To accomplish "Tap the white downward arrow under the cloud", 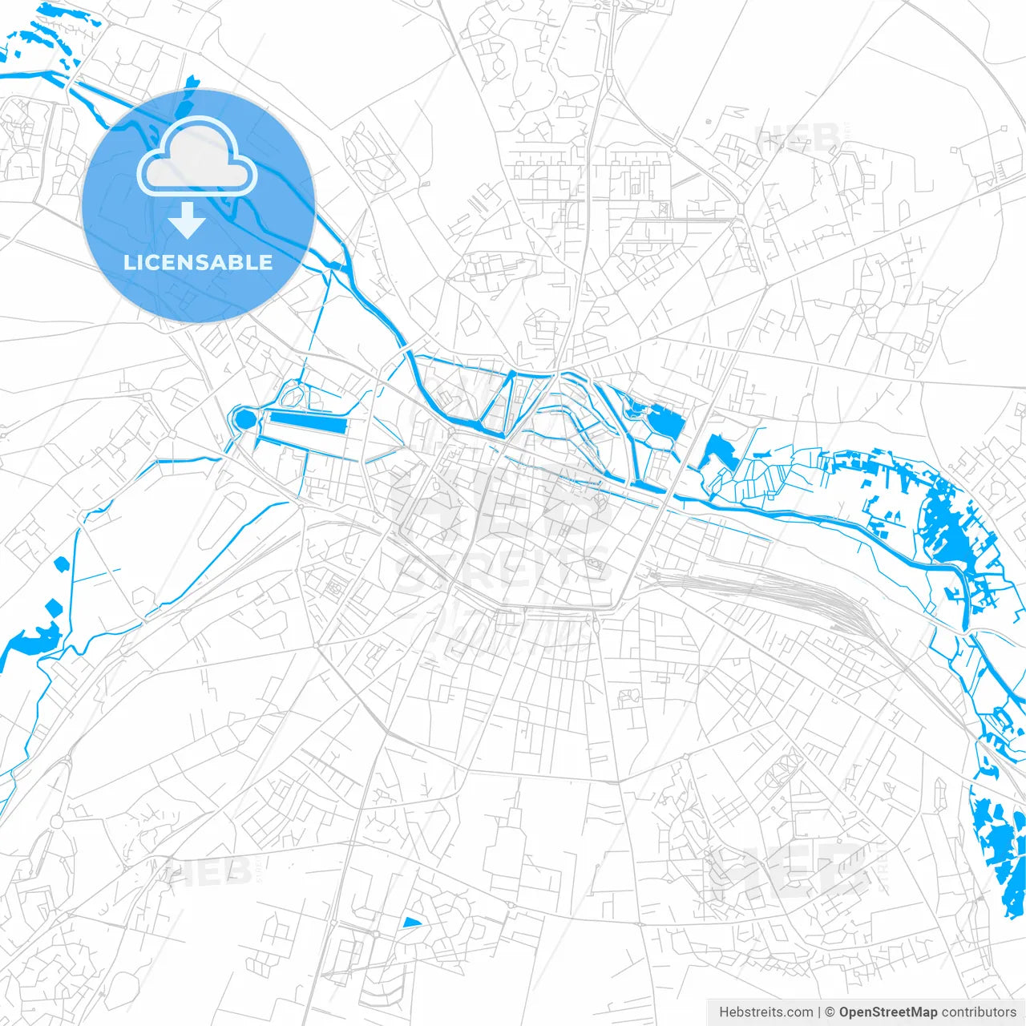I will (x=187, y=221).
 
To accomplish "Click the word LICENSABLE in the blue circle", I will (x=198, y=262).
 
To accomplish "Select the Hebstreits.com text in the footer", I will (x=765, y=1012).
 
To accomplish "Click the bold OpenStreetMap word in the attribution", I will (x=887, y=1012).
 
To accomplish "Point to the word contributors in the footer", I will (x=979, y=1012).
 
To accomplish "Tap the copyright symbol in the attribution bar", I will (x=830, y=1012).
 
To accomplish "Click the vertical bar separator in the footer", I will (x=818, y=1012).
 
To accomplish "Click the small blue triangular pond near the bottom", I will (x=411, y=923).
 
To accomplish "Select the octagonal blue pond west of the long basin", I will (x=244, y=418).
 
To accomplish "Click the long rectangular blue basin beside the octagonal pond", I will (x=308, y=421).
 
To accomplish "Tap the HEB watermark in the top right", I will (x=798, y=138).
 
